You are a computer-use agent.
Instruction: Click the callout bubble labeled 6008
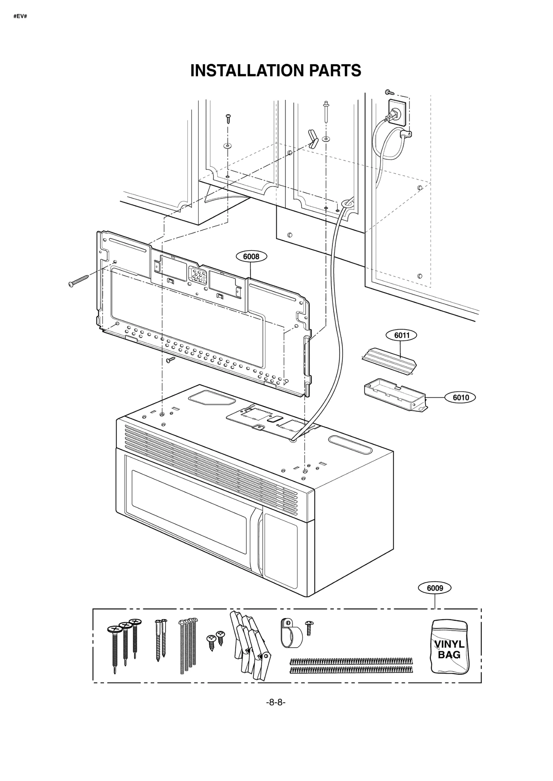click(251, 257)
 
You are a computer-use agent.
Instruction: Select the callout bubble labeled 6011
click(401, 335)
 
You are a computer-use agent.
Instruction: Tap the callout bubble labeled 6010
click(461, 398)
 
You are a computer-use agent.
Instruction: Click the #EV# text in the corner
click(20, 16)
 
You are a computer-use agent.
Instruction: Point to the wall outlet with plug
click(395, 112)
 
